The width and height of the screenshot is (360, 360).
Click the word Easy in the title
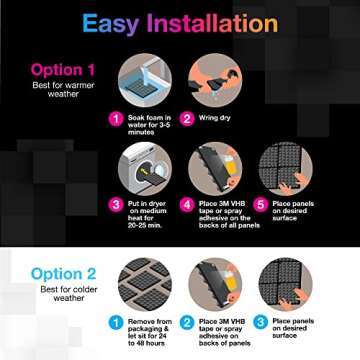tap(113, 23)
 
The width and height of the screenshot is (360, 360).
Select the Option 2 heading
tap(64, 273)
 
